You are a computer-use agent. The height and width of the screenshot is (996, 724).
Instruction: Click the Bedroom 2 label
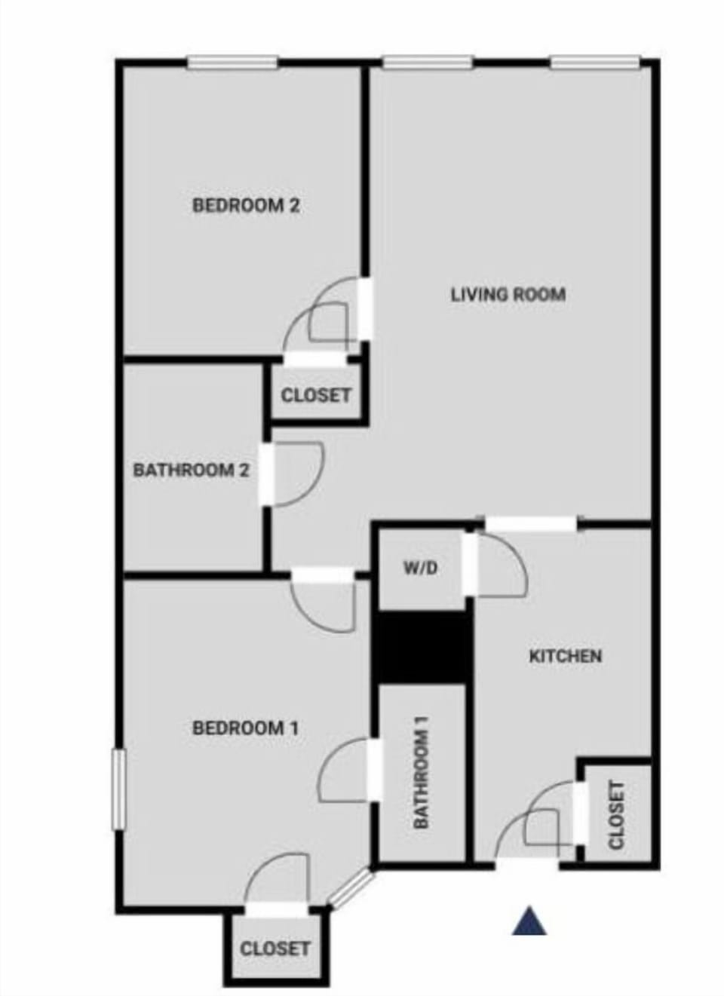(x=246, y=205)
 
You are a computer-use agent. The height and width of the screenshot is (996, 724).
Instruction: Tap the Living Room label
(x=508, y=294)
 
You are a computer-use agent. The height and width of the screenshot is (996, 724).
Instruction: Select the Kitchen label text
(x=565, y=656)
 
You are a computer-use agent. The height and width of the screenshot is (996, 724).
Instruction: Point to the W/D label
(x=420, y=568)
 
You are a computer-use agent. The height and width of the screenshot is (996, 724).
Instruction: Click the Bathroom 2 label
(x=191, y=470)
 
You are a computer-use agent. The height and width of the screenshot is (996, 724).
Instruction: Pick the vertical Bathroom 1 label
(x=421, y=772)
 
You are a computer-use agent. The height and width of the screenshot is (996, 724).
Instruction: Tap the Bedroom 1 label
(x=246, y=728)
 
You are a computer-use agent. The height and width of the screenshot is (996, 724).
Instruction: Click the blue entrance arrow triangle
(x=529, y=921)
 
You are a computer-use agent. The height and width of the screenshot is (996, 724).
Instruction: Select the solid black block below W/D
(x=421, y=647)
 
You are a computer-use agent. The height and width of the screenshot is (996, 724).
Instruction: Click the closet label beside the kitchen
(x=616, y=815)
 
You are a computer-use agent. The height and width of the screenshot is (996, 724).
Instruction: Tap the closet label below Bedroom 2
(x=315, y=395)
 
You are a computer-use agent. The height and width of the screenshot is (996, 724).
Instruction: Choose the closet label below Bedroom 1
(x=275, y=948)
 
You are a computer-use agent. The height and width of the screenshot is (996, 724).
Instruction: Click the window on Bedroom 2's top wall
(x=232, y=63)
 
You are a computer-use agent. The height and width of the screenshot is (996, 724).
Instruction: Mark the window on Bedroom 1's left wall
(x=118, y=789)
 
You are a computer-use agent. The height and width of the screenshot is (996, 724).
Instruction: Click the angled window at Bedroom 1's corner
(x=351, y=887)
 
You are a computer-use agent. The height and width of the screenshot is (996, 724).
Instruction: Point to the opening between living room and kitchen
(x=531, y=522)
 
